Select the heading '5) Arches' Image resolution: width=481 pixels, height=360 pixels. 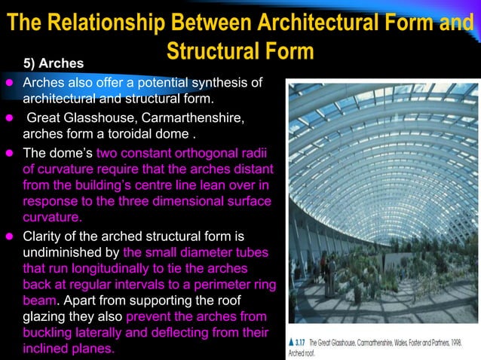[x=55, y=62]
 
